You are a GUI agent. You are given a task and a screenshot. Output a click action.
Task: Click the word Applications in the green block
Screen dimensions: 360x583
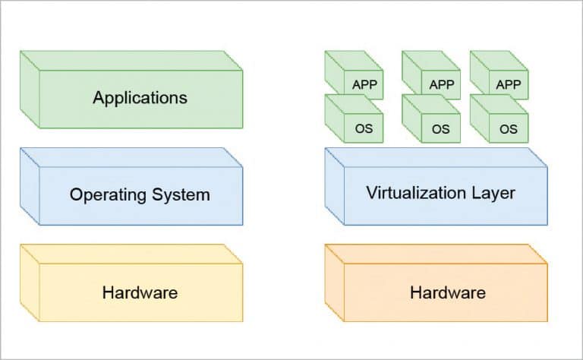140,98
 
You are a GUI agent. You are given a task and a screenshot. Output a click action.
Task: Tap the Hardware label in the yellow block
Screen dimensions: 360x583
140,292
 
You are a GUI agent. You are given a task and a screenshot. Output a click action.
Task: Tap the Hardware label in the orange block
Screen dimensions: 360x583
447,292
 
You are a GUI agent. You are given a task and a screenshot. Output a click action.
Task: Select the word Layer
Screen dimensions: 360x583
490,193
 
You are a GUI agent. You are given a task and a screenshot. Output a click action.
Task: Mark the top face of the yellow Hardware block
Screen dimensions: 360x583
131,254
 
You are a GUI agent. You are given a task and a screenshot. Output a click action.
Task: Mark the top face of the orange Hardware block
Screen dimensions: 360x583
436,254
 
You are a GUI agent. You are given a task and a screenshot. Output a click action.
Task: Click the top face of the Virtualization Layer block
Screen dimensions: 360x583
436,156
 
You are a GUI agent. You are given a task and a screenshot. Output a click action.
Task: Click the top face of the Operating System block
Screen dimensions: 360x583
131,157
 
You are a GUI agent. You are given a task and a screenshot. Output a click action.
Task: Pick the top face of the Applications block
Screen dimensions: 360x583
131,60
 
